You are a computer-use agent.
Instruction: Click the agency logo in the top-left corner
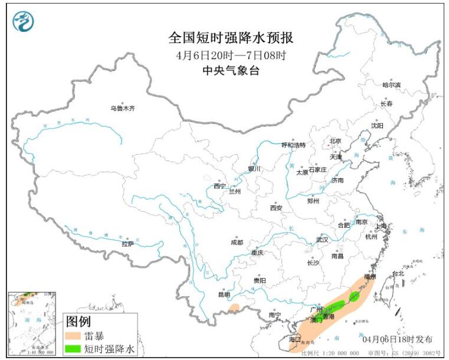click(23, 22)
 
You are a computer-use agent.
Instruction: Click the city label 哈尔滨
click(391, 85)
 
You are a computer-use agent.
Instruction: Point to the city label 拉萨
click(127, 244)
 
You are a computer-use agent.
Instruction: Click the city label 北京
click(335, 141)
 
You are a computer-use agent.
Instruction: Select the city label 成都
click(237, 242)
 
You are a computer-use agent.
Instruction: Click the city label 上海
click(382, 226)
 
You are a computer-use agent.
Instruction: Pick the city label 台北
click(398, 273)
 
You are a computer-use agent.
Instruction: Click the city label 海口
click(294, 340)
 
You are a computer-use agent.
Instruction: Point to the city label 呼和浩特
click(293, 145)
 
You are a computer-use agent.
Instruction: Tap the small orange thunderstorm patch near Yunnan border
click(234, 307)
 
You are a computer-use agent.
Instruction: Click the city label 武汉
click(322, 240)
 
